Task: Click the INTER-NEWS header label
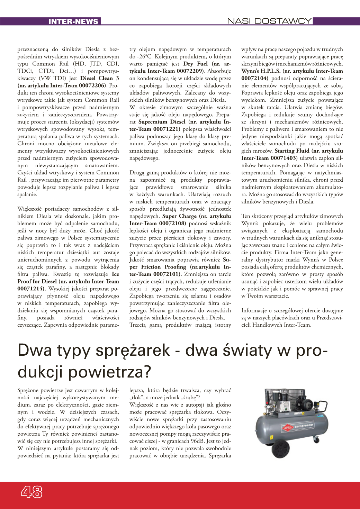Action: [73, 21]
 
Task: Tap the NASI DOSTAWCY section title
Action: [269, 21]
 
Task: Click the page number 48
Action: [31, 492]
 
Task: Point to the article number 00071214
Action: [31, 289]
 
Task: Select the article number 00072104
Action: [254, 78]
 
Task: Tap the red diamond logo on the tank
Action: [288, 428]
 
